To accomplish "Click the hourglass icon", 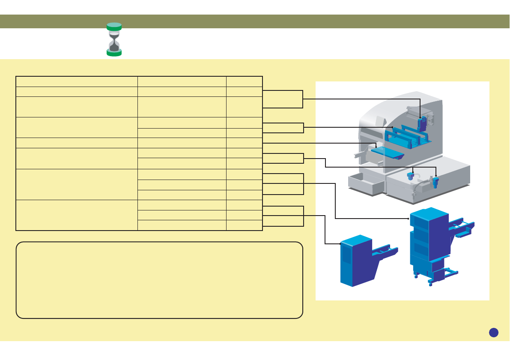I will pos(114,39).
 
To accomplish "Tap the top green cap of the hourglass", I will pos(114,26).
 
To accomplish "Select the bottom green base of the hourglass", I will pos(114,53).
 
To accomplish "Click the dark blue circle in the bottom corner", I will pos(494,332).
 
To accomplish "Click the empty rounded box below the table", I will pos(159,280).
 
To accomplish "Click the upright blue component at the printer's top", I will pos(422,123).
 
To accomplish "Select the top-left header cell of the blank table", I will pos(77,81).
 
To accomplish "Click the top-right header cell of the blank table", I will pos(244,81).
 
